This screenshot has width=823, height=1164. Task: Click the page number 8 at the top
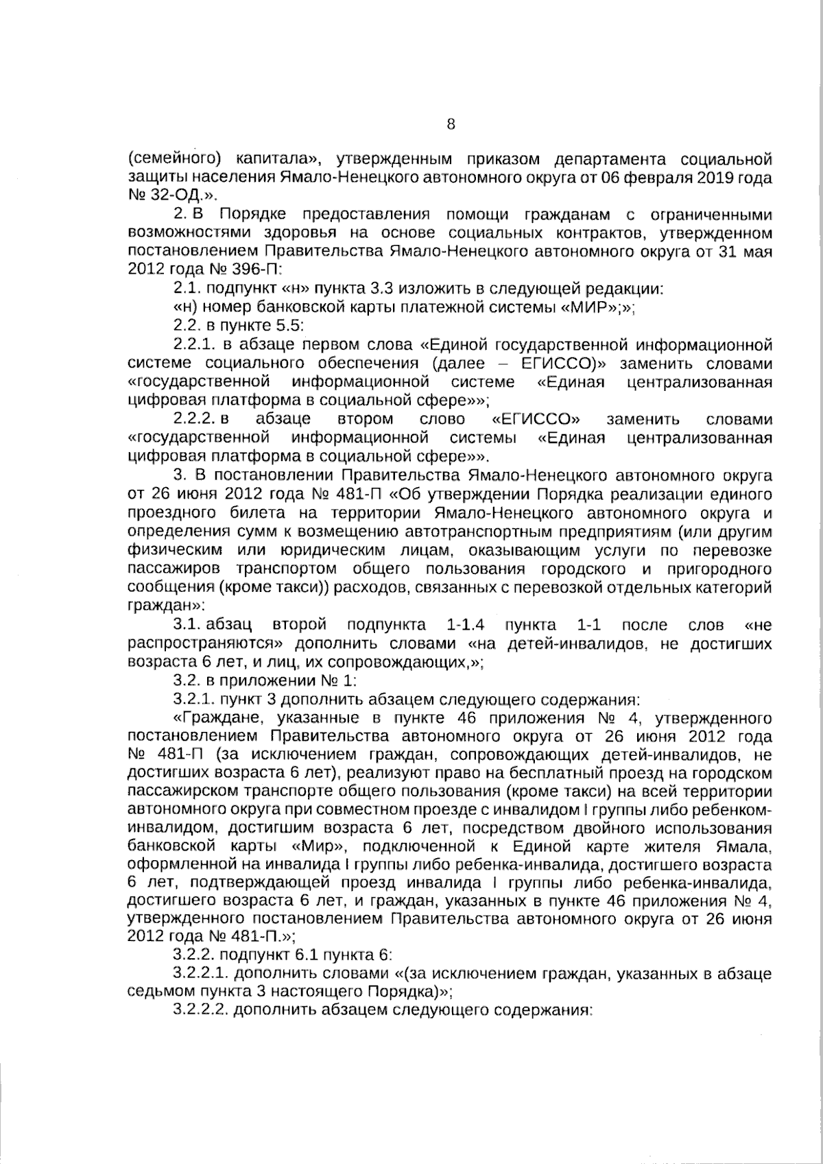(x=451, y=124)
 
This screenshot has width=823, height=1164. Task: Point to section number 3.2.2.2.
(x=201, y=1010)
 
